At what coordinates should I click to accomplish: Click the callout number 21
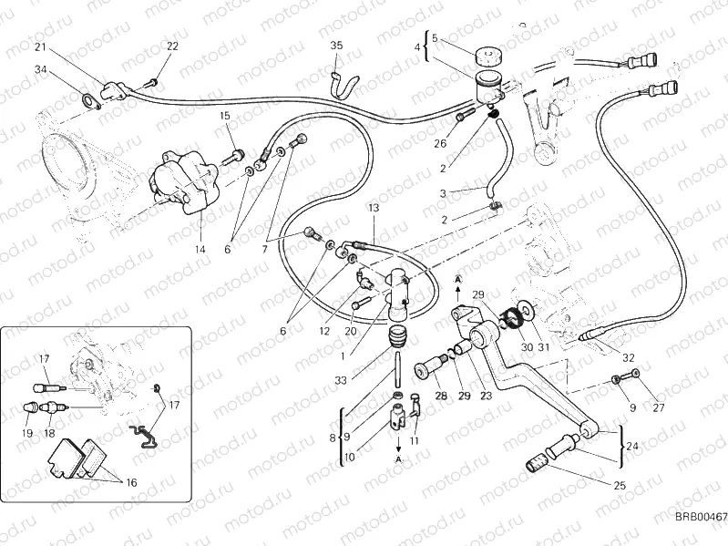(39, 46)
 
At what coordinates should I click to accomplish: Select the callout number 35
(336, 45)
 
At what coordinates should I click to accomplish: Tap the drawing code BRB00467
(699, 517)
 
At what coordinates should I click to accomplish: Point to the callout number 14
(200, 247)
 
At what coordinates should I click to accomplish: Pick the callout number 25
(619, 485)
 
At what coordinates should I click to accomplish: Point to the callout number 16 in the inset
(131, 483)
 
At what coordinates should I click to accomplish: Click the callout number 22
(172, 46)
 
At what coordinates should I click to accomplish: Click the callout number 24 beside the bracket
(632, 446)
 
